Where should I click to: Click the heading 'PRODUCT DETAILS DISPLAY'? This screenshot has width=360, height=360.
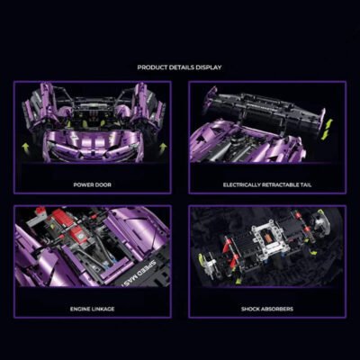[x=180, y=67]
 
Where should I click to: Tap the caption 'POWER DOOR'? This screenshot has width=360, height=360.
[x=92, y=184]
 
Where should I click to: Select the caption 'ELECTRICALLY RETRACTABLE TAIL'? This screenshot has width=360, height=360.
[x=266, y=184]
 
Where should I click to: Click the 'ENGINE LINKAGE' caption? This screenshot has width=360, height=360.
[x=92, y=308]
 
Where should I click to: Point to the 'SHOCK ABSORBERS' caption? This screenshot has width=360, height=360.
[x=266, y=308]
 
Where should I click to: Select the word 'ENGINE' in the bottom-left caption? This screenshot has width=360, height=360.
[x=82, y=308]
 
